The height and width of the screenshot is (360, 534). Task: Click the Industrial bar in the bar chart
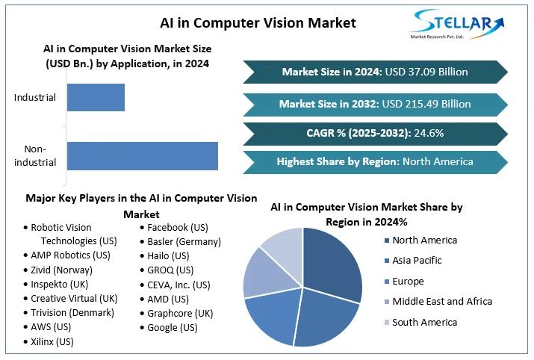pos(96,98)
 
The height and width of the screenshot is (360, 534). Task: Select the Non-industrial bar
pos(142,155)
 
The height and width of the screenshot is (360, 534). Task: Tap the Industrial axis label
pos(35,98)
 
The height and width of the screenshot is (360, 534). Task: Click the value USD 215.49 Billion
pos(427,104)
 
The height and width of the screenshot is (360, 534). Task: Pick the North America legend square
pos(385,240)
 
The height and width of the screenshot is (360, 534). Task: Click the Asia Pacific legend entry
pos(417,261)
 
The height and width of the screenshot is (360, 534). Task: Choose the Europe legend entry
pos(408,282)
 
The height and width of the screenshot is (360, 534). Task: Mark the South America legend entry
pos(424,322)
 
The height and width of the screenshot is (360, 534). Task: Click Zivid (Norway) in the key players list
pos(62,270)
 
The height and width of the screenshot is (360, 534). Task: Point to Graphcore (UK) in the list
pos(180,313)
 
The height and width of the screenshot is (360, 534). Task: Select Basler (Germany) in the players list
pos(184,241)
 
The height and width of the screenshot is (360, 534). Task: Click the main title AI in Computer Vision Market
pos(258,22)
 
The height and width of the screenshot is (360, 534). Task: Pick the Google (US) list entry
pos(173,327)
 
